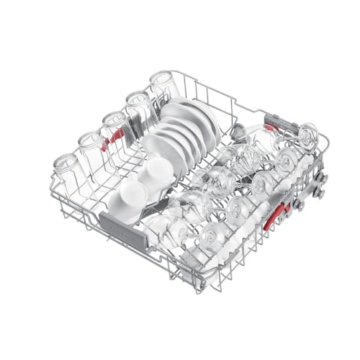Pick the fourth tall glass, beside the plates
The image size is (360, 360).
pyautogui.click(x=138, y=109)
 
